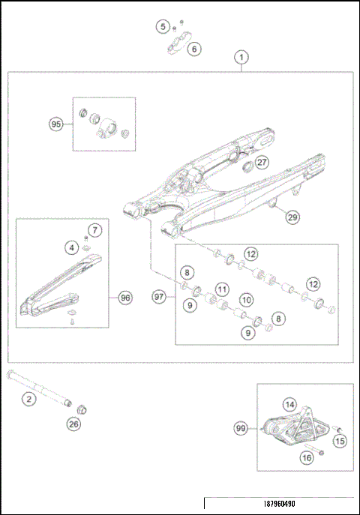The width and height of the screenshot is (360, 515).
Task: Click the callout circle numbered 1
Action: pyautogui.click(x=241, y=57)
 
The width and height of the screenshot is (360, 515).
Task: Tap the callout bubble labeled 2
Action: pyautogui.click(x=28, y=399)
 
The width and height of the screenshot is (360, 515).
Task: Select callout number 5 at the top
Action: pyautogui.click(x=163, y=27)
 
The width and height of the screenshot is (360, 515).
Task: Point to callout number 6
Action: pyautogui.click(x=194, y=49)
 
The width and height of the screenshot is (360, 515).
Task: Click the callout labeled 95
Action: pyautogui.click(x=55, y=124)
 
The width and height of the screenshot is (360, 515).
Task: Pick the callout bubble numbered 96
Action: pyautogui.click(x=125, y=298)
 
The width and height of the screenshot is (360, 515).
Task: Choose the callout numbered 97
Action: pyautogui.click(x=158, y=297)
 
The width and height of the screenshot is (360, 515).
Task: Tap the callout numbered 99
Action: pyautogui.click(x=241, y=428)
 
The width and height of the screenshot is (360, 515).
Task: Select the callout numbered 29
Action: pyautogui.click(x=292, y=217)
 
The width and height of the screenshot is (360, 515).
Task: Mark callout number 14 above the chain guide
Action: pyautogui.click(x=289, y=403)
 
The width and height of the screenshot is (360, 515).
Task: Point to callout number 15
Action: pyautogui.click(x=340, y=442)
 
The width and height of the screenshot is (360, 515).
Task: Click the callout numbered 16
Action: pyautogui.click(x=306, y=457)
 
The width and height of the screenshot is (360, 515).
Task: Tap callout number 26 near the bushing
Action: pyautogui.click(x=73, y=424)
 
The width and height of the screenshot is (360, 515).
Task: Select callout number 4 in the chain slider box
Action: pyautogui.click(x=71, y=247)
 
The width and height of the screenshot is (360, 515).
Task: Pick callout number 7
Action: pyautogui.click(x=94, y=229)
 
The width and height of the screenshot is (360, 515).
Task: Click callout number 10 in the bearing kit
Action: pyautogui.click(x=244, y=300)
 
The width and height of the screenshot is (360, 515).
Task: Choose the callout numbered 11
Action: pyautogui.click(x=222, y=289)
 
